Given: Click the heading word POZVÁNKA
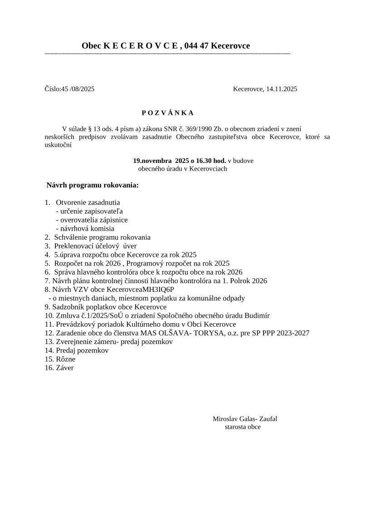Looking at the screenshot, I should click(x=167, y=113).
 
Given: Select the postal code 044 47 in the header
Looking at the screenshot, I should click(x=197, y=46).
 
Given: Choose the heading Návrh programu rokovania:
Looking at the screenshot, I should click(x=93, y=185).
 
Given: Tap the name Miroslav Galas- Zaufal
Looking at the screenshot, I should click(x=245, y=419).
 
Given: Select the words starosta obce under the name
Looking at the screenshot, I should click(x=243, y=427).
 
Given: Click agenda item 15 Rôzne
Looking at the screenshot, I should click(x=65, y=359).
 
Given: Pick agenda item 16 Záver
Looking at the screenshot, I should click(x=64, y=368).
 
